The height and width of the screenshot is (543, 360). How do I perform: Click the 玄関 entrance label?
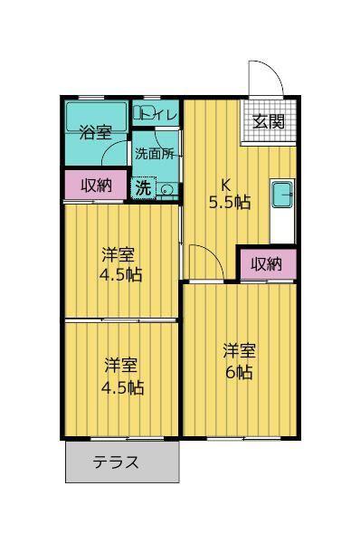click(x=269, y=121)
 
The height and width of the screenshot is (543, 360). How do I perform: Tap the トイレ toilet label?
click(x=161, y=114)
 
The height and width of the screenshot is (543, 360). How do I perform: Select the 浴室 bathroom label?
click(x=95, y=132)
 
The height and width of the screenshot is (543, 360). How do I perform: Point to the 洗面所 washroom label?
click(x=155, y=154)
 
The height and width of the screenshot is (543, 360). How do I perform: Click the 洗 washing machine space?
click(x=143, y=188)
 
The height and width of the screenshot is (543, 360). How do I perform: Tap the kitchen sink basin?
click(x=283, y=195)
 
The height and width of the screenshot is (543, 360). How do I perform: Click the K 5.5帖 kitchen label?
click(x=229, y=194)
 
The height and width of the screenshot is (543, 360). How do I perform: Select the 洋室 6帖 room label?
click(x=239, y=361)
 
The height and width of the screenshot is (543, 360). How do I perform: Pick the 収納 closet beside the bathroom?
click(x=96, y=186)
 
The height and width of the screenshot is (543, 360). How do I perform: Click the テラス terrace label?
click(x=116, y=462)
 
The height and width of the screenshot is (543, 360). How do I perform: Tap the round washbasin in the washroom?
click(x=167, y=190)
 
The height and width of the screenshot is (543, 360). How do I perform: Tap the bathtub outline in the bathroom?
click(x=97, y=117)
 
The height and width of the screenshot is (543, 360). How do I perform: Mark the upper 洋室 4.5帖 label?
click(x=121, y=264)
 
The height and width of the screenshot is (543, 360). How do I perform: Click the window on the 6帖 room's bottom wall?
click(x=243, y=438)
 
